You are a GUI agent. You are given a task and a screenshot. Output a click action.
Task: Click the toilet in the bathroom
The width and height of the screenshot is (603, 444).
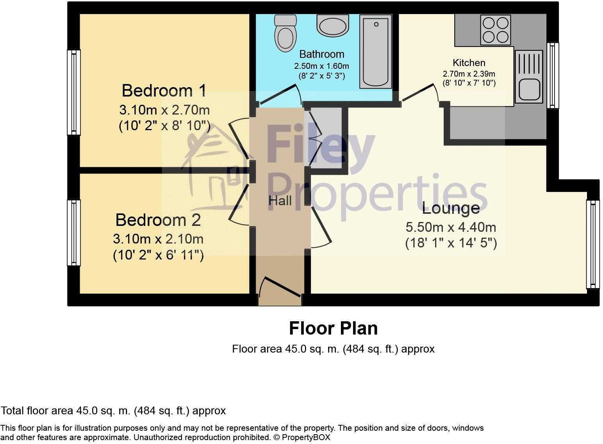pyautogui.click(x=284, y=34)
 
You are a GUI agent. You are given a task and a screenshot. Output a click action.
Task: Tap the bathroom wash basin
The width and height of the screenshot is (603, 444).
pyautogui.click(x=332, y=26)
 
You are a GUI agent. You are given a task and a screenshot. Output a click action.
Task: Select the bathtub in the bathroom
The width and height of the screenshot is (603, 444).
pyautogui.click(x=375, y=51)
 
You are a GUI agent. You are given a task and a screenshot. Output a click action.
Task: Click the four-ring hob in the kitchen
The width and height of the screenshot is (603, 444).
pyautogui.click(x=496, y=30)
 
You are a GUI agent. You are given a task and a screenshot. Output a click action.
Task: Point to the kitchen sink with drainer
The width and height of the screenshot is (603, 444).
pyautogui.click(x=528, y=76)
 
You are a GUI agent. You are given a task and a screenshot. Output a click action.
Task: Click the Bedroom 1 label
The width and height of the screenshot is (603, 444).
pyautogui.click(x=164, y=90)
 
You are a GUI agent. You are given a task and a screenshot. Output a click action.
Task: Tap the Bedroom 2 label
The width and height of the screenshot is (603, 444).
pyautogui.click(x=158, y=220)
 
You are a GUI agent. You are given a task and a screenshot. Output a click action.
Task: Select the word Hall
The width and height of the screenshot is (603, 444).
pyautogui.click(x=280, y=201)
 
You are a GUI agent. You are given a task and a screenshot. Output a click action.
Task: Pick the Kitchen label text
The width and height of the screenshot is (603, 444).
pyautogui.click(x=469, y=63)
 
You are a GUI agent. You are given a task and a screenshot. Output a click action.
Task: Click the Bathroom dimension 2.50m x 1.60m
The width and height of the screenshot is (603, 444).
pyautogui.click(x=321, y=66)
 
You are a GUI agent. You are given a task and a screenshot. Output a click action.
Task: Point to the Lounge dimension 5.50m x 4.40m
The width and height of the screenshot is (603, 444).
pyautogui.click(x=451, y=227)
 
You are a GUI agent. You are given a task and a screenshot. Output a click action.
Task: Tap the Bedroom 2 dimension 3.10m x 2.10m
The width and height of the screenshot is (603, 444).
pyautogui.click(x=158, y=238)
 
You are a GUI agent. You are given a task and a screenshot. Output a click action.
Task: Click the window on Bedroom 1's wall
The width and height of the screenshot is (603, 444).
pyautogui.click(x=74, y=92)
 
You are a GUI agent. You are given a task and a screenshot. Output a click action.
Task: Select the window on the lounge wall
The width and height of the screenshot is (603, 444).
pyautogui.click(x=592, y=244)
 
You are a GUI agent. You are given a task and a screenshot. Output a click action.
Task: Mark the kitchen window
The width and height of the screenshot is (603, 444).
pyautogui.click(x=552, y=75)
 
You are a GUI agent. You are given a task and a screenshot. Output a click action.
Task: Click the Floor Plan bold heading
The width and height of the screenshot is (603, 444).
pyautogui.click(x=333, y=328)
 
